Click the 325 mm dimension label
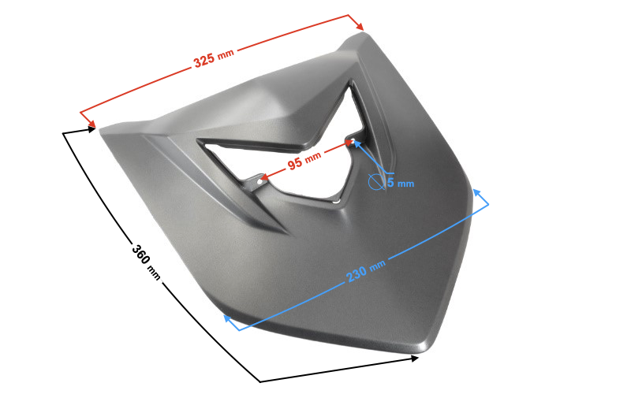(214, 58)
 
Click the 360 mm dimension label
(146, 262)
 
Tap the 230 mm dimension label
(365, 270)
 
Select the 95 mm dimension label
(304, 161)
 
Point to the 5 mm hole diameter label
(401, 183)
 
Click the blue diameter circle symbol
(375, 182)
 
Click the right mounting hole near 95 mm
(352, 141)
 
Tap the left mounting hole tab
(259, 182)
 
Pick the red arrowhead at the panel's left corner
(91, 123)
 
